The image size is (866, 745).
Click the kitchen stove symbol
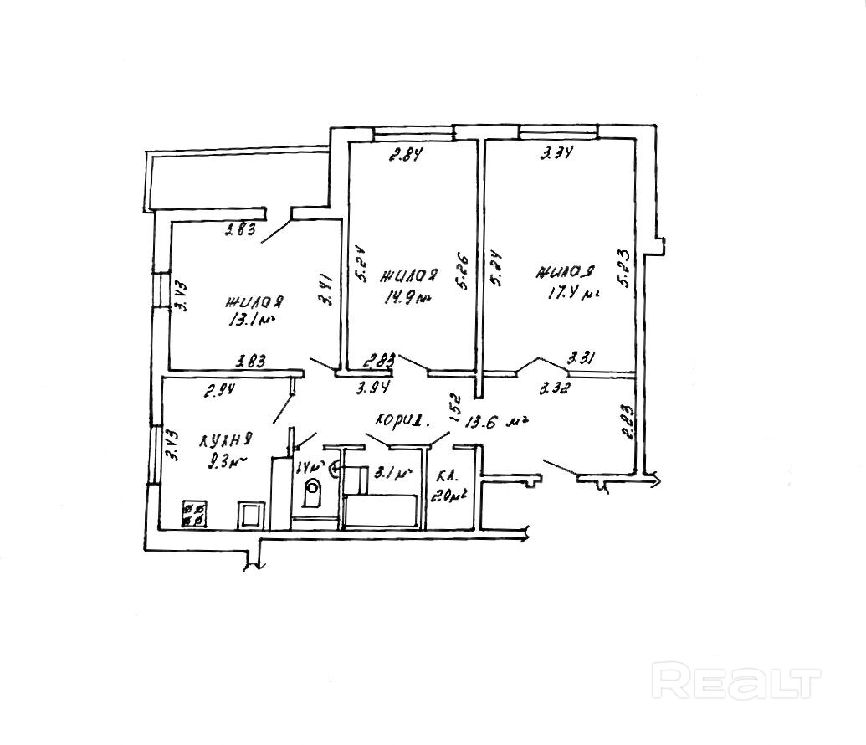(195, 513)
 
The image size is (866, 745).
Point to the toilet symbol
(312, 493)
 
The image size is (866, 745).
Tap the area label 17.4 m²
(568, 293)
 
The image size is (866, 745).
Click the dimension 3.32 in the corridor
(556, 388)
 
